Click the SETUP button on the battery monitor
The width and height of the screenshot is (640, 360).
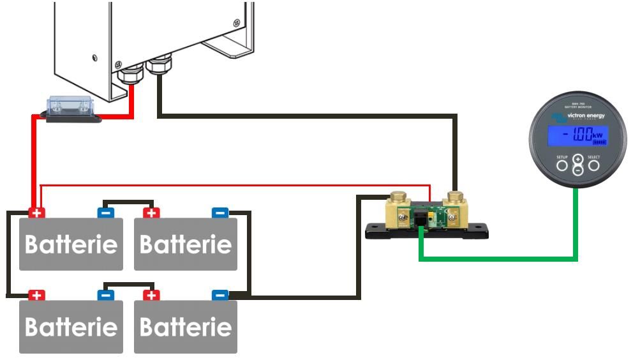[x=562, y=166]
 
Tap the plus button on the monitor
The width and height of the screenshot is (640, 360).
[x=577, y=159]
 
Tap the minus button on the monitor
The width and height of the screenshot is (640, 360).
[x=577, y=170]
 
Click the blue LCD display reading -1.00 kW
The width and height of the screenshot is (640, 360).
[x=577, y=136]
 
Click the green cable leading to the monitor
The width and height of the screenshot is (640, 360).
[x=498, y=259]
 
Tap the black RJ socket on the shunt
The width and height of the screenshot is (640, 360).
[x=422, y=221]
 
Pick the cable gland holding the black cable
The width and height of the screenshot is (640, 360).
[x=159, y=65]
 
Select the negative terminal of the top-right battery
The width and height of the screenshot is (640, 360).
[x=220, y=213]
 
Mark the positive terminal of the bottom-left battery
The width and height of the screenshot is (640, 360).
[x=37, y=295]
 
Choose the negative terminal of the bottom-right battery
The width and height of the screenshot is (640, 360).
[x=220, y=295]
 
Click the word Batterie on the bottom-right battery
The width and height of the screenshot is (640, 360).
[x=186, y=327]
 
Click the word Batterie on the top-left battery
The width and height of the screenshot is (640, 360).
[x=71, y=244]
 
